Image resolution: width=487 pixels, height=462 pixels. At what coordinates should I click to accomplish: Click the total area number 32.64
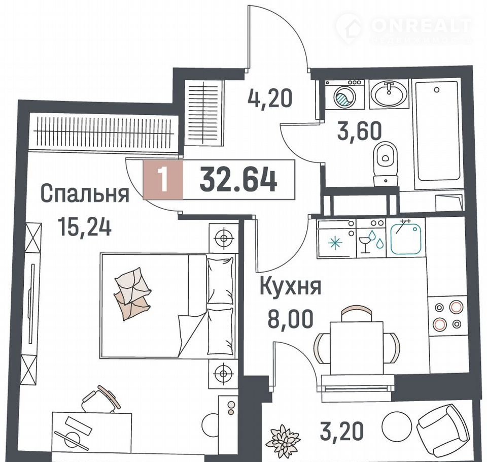click(x=238, y=179)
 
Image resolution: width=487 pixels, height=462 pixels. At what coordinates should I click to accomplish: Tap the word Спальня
click(x=85, y=194)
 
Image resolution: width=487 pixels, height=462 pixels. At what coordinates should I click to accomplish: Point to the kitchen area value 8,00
click(x=290, y=319)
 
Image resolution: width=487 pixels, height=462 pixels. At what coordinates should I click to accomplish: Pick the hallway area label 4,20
click(x=270, y=97)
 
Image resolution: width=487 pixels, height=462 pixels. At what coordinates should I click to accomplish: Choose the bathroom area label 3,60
click(x=359, y=130)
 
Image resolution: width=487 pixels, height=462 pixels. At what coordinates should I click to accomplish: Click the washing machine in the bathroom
click(x=345, y=94)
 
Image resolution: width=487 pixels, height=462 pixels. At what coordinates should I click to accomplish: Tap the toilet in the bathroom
click(x=386, y=164)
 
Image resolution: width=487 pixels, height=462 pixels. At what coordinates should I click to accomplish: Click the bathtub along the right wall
click(x=438, y=130)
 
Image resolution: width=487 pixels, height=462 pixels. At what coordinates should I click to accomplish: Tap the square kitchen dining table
click(x=356, y=348)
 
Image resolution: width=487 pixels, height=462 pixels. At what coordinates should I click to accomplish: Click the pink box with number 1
click(x=163, y=179)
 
